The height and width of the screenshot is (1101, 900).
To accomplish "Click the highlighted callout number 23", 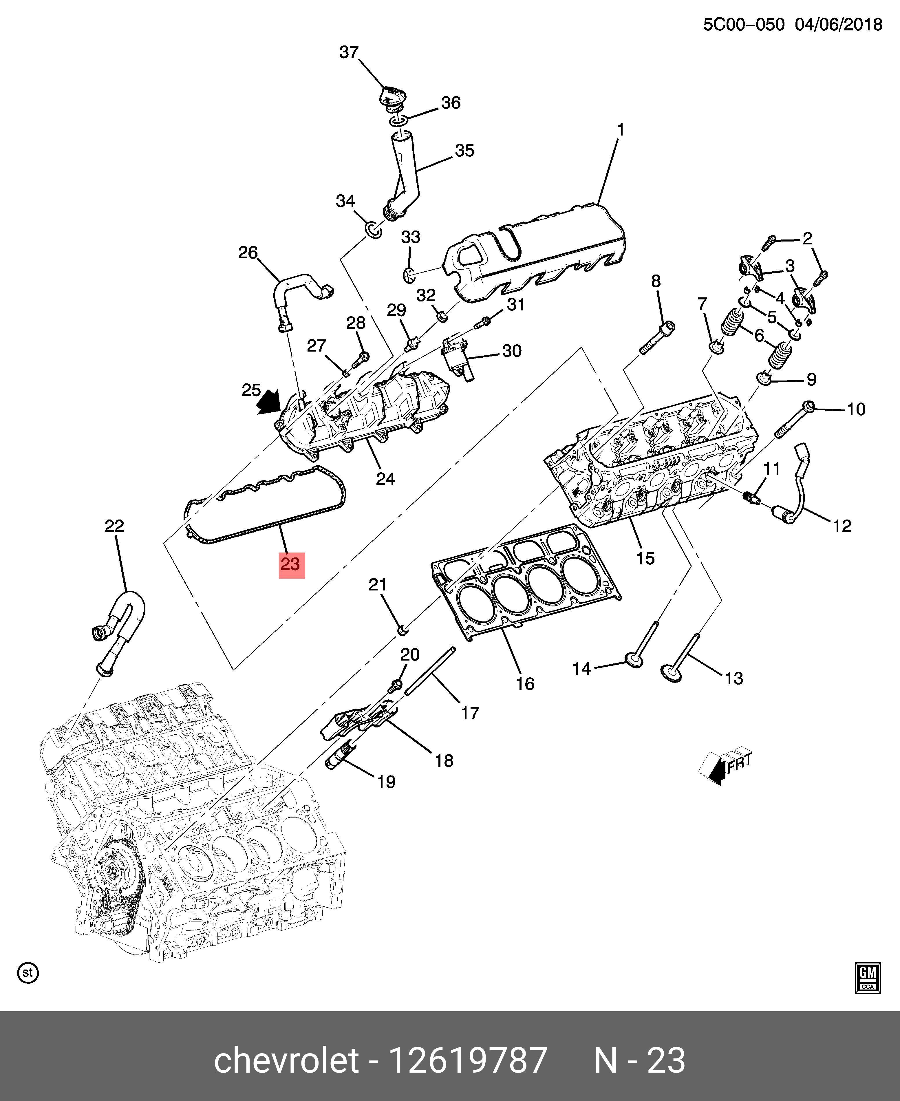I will [x=291, y=564].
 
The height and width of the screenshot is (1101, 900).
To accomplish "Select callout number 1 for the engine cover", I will [x=620, y=130].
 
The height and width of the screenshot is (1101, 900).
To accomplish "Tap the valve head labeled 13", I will [x=671, y=673].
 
